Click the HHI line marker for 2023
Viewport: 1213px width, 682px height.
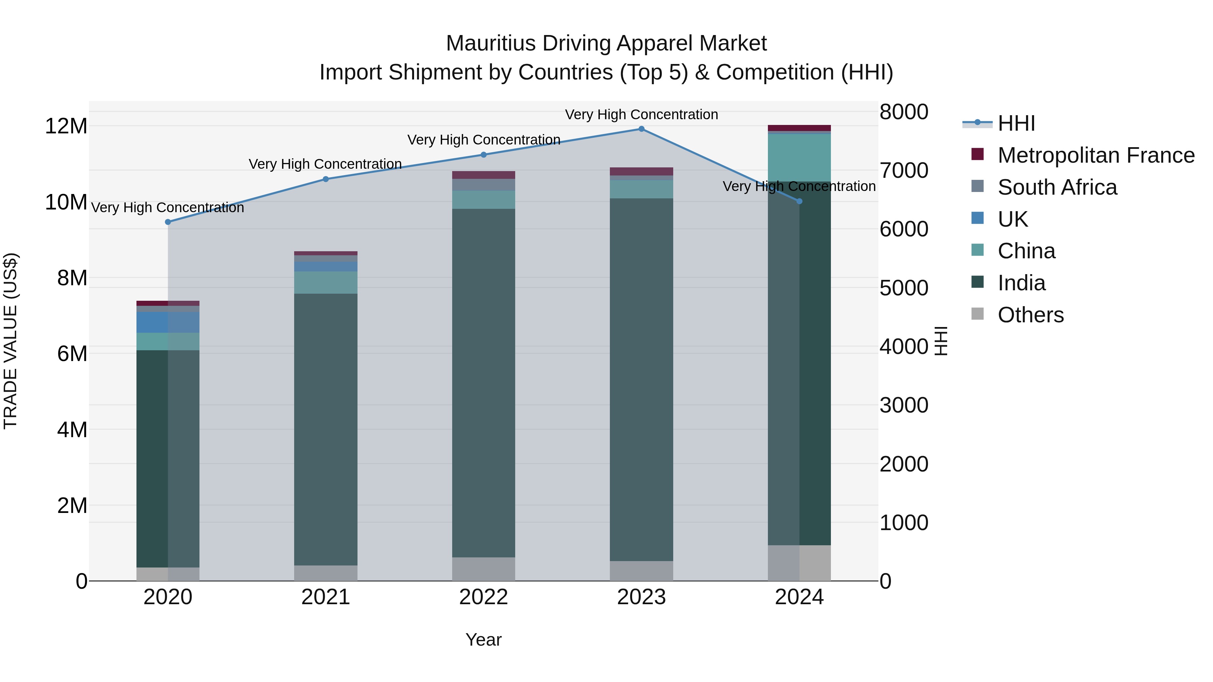(x=641, y=129)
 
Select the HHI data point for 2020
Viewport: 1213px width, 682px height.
(x=168, y=222)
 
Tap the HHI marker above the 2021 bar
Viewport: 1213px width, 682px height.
(x=326, y=179)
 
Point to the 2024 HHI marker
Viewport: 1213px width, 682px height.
(x=799, y=201)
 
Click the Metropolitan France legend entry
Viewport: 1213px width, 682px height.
(x=1096, y=155)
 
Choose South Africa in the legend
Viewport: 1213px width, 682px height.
(x=1057, y=187)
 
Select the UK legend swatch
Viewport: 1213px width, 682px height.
(x=977, y=218)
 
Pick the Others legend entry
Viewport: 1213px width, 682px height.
(x=1030, y=315)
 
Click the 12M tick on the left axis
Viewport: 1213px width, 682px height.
(x=66, y=126)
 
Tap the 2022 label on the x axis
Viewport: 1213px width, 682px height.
(x=484, y=597)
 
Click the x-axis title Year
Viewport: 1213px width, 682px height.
(x=484, y=640)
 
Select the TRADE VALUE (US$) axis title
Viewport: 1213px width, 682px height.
(x=10, y=341)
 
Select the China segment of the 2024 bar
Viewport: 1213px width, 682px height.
(x=799, y=158)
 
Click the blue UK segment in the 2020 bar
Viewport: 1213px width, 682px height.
(x=168, y=322)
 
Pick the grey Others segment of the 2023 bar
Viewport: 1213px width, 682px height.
(x=641, y=571)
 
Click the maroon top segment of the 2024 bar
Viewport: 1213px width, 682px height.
(x=799, y=128)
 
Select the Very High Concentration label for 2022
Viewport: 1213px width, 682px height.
(x=484, y=140)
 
